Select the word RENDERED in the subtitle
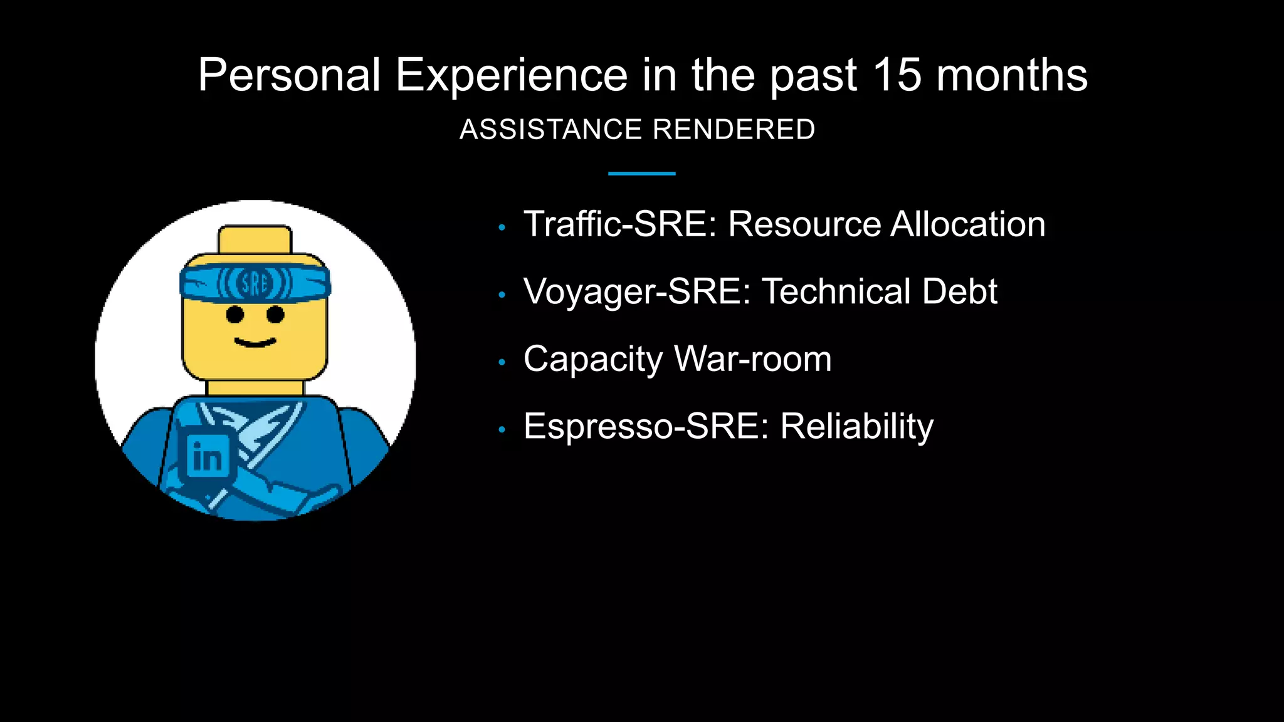pyautogui.click(x=734, y=130)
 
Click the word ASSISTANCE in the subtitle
pyautogui.click(x=550, y=130)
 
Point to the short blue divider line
pyautogui.click(x=641, y=174)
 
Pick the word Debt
pyautogui.click(x=959, y=291)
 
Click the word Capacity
pyautogui.click(x=592, y=360)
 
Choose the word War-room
pyautogui.click(x=752, y=359)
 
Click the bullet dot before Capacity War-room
pyautogui.click(x=502, y=362)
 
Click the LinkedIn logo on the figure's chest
pyautogui.click(x=208, y=456)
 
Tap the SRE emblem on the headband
pyautogui.click(x=255, y=284)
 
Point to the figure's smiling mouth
pyautogui.click(x=255, y=342)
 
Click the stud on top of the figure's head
pyautogui.click(x=255, y=239)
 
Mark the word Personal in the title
pyautogui.click(x=289, y=75)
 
